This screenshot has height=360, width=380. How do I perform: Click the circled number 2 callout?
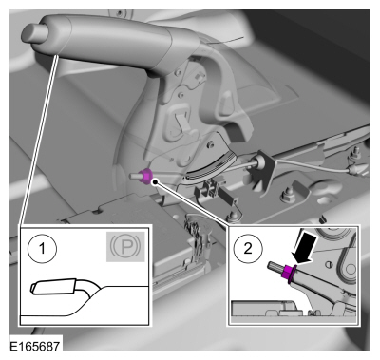click(x=248, y=249)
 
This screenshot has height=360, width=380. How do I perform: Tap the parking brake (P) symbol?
click(x=125, y=247)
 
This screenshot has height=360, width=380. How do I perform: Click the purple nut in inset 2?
click(x=289, y=272)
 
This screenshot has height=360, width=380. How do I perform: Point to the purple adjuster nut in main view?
click(x=146, y=176)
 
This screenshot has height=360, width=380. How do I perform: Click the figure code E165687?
click(x=34, y=346)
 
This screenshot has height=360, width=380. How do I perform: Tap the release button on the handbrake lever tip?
click(x=33, y=33)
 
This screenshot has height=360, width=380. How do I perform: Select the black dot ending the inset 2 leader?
click(x=155, y=181)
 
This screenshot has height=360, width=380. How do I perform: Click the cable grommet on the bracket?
click(x=261, y=161)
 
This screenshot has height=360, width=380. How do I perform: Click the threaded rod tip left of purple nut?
click(x=135, y=175)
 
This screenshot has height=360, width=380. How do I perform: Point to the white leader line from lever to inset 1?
click(x=39, y=140)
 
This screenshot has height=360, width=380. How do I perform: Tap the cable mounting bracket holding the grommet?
click(x=260, y=172)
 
